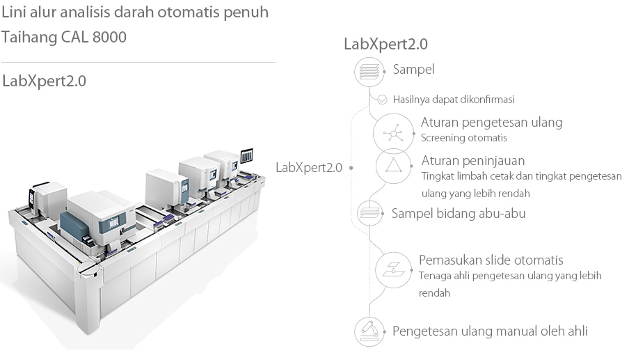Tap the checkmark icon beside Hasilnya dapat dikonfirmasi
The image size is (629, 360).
coord(382,100)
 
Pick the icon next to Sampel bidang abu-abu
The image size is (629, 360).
coord(369,212)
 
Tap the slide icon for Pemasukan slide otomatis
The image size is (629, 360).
coord(392,269)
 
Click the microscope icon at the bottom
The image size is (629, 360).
coord(369,331)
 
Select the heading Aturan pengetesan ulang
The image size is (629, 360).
coord(491,123)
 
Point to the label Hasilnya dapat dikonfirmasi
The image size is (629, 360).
coord(454,100)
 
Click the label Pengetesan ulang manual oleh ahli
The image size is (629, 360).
coord(490,331)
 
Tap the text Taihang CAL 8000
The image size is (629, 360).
coord(64,37)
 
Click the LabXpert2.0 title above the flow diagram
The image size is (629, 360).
coord(385,44)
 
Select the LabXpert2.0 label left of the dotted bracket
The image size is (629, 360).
coord(309,167)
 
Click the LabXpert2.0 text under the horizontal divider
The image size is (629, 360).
coord(45,81)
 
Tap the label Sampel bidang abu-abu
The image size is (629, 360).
coord(459,213)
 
